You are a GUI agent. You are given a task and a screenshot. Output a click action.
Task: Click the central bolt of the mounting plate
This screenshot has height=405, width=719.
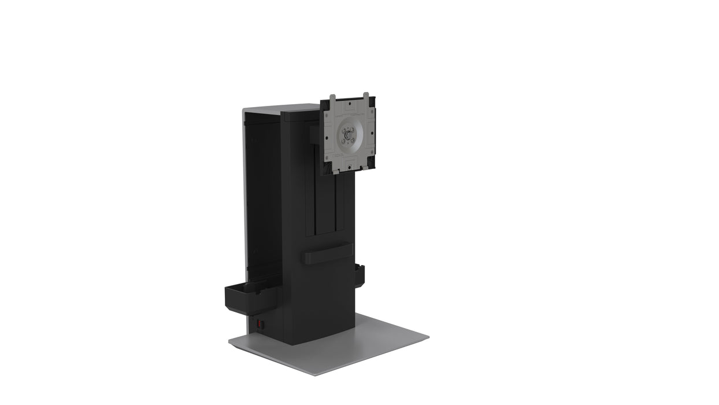click(x=348, y=135)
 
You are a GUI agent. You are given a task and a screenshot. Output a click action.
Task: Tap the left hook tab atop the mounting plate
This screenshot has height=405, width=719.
click(x=332, y=98)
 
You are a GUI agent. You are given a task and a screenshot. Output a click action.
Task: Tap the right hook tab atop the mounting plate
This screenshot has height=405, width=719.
click(x=366, y=95)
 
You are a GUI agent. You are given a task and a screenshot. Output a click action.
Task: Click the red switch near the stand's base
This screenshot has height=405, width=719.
click(x=260, y=325)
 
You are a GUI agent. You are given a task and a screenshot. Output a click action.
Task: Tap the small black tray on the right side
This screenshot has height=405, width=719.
click(x=360, y=276)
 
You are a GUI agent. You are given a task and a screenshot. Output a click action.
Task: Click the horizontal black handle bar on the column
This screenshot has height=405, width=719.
click(x=327, y=253)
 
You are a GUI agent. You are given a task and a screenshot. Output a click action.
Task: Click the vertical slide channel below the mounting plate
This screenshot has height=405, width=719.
click(x=326, y=203)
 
